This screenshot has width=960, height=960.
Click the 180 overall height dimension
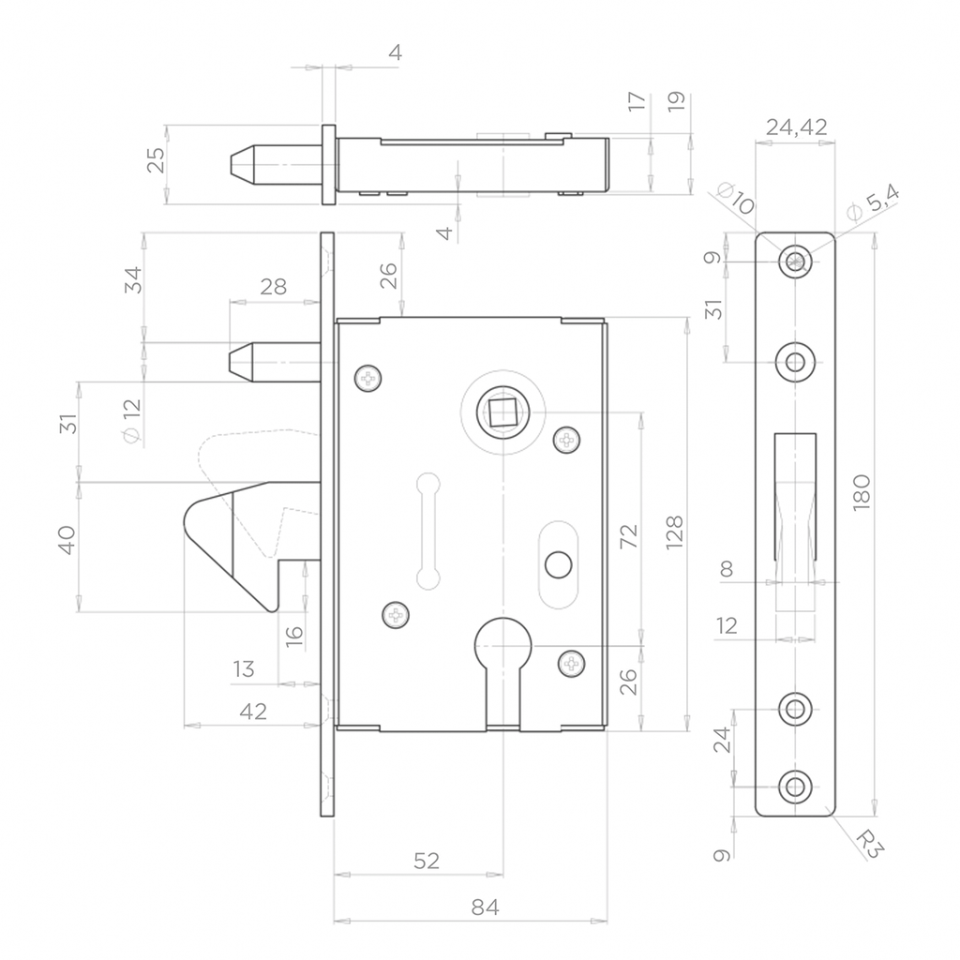click(x=861, y=491)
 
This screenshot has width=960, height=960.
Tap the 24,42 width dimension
click(x=797, y=127)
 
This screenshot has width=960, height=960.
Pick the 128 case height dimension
click(x=674, y=532)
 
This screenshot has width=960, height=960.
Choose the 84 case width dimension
click(x=485, y=907)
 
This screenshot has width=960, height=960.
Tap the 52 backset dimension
click(x=427, y=861)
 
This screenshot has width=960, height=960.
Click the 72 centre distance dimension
click(x=629, y=536)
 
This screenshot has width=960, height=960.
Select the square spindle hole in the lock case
click(x=502, y=412)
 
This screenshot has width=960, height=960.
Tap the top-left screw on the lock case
click(x=367, y=379)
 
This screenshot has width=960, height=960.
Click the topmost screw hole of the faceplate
click(x=795, y=262)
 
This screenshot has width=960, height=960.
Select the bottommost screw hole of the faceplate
click(x=795, y=787)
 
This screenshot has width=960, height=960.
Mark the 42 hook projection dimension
click(x=253, y=712)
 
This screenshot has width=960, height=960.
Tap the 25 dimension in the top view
click(x=157, y=160)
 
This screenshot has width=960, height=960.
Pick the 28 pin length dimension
click(x=273, y=286)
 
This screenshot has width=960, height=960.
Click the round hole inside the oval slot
click(x=558, y=565)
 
